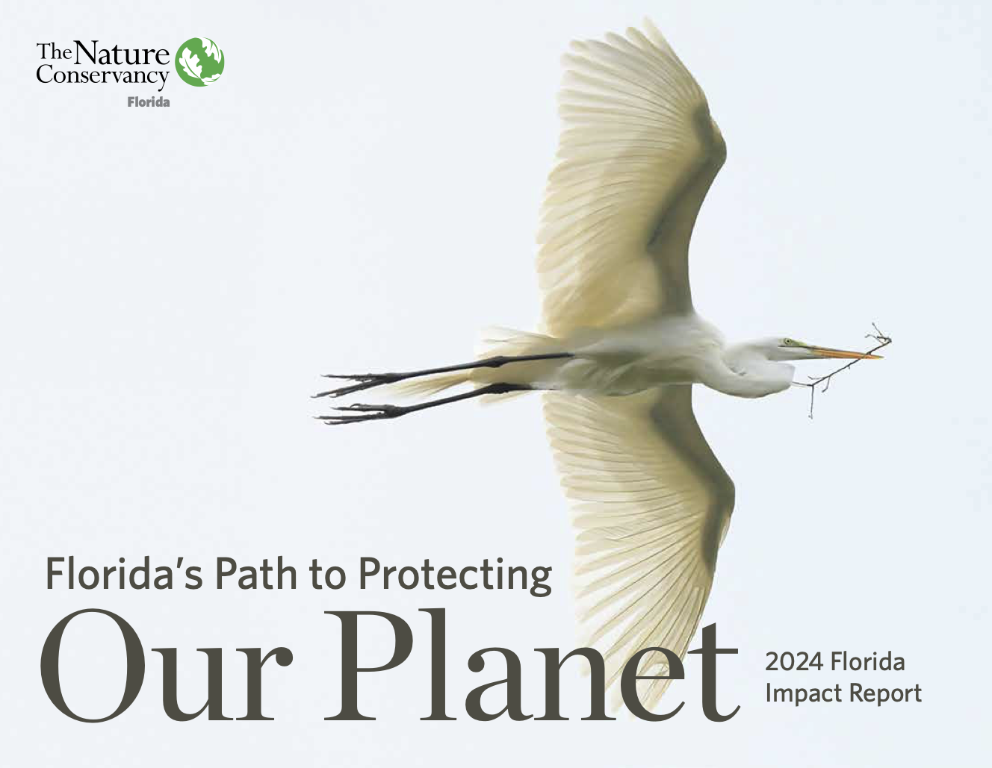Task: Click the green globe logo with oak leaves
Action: click(x=199, y=62)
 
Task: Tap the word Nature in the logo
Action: click(x=121, y=53)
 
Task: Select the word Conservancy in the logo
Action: click(x=103, y=75)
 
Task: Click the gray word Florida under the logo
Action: click(x=149, y=102)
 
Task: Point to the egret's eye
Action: click(x=787, y=342)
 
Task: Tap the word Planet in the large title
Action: click(x=532, y=666)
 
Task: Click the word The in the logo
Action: click(x=54, y=51)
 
